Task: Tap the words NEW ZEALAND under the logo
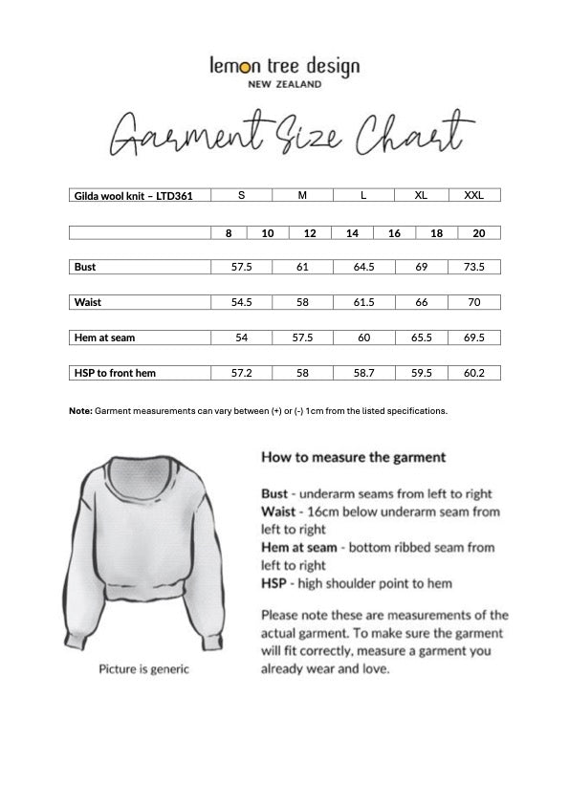[x=284, y=84]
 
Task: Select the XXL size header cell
[x=473, y=195]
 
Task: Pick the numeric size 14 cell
[x=352, y=232]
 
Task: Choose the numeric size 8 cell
[x=229, y=232]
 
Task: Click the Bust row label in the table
[x=86, y=267]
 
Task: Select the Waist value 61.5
[x=363, y=302]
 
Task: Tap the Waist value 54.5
[x=241, y=302]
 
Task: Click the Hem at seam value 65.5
[x=421, y=337]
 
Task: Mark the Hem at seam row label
[x=100, y=337]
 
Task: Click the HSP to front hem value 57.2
[x=241, y=373]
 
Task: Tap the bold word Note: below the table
[x=80, y=410]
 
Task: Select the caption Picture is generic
[x=143, y=669]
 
